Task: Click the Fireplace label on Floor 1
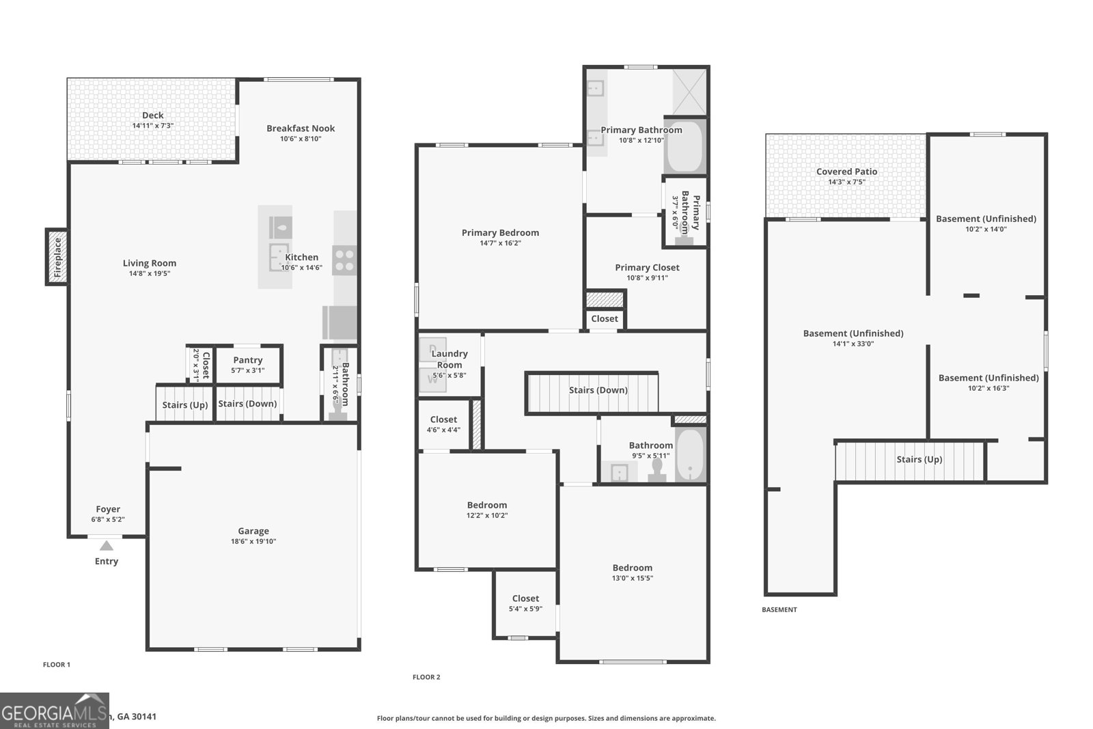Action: (x=57, y=257)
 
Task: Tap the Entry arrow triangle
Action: (x=106, y=545)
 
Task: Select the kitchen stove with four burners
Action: (x=344, y=260)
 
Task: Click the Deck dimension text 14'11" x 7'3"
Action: (x=152, y=126)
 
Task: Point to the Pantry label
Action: (x=247, y=360)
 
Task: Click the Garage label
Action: (x=253, y=531)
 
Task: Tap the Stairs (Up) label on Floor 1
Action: (x=185, y=405)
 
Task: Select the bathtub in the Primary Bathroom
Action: (x=684, y=147)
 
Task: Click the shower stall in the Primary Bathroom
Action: (x=690, y=92)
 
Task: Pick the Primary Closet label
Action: (x=647, y=268)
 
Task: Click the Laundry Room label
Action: (x=449, y=359)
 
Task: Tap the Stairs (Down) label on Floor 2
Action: (x=598, y=390)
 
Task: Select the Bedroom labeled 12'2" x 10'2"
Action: (x=487, y=506)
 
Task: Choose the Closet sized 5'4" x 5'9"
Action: (x=525, y=599)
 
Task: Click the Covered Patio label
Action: (x=846, y=171)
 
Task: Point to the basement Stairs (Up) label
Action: (x=919, y=460)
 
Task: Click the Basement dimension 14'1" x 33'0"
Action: (x=853, y=344)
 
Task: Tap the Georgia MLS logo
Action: (x=54, y=711)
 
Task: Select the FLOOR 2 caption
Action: (x=426, y=677)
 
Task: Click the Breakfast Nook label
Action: (x=301, y=128)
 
